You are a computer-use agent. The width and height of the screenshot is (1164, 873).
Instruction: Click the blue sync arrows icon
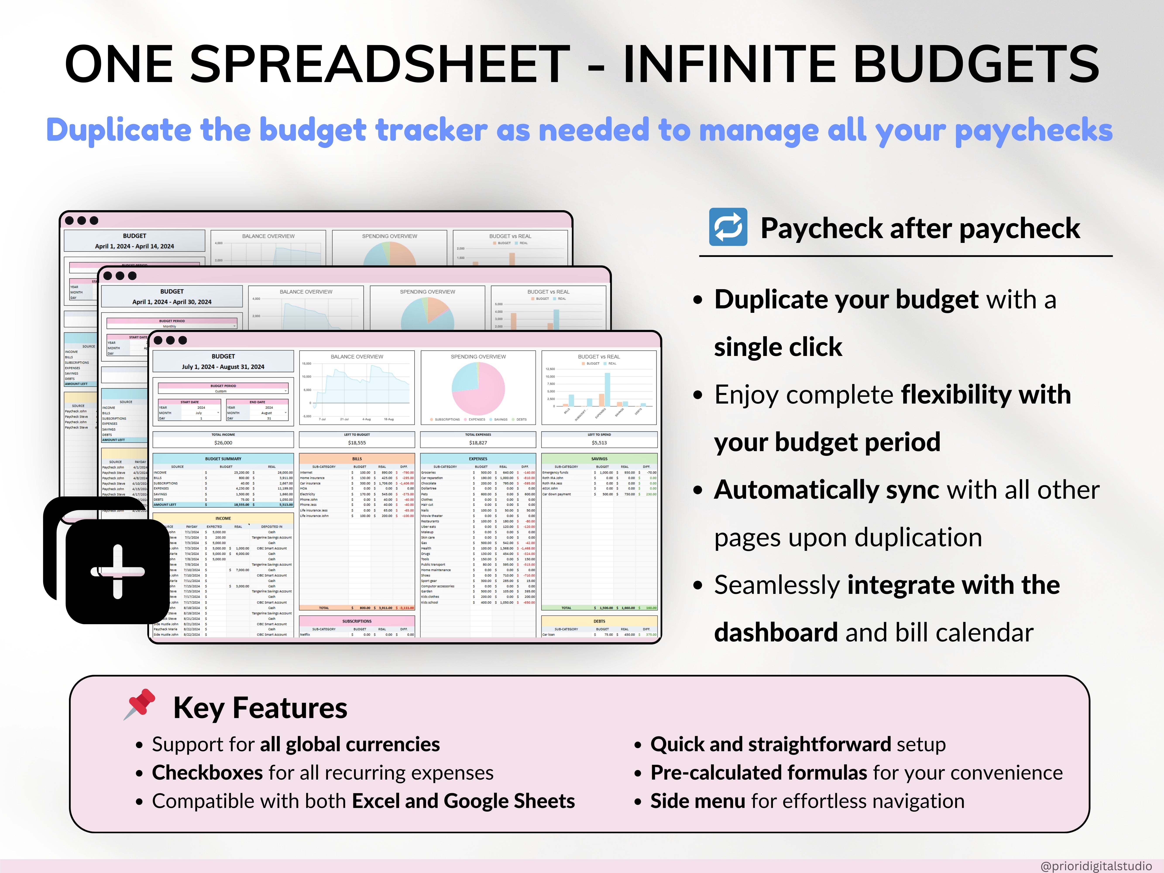[x=728, y=227]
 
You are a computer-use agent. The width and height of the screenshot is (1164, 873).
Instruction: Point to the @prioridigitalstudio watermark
[x=1096, y=866]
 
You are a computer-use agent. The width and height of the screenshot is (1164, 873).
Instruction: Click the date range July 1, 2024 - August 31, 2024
[x=223, y=367]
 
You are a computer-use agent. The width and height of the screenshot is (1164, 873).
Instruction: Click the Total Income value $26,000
[x=223, y=443]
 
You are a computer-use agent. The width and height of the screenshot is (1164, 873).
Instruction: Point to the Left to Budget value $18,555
[x=357, y=443]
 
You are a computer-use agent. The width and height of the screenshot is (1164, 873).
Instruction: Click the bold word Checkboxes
[x=207, y=772]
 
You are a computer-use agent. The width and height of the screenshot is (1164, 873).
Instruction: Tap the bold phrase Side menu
[x=697, y=801]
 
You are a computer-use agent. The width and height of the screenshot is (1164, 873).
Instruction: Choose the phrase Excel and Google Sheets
[x=463, y=801]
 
